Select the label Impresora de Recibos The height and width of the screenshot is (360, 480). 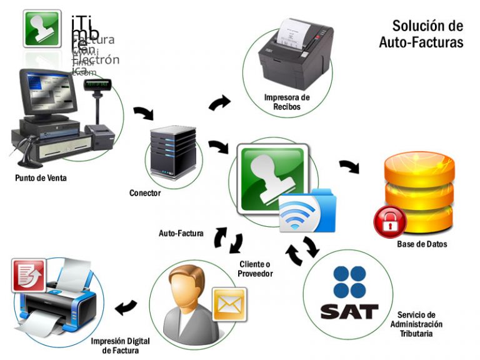(x=287, y=102)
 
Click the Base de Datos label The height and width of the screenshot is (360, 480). (x=422, y=244)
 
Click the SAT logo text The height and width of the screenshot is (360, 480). (x=349, y=311)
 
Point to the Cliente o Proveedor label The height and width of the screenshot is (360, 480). (x=256, y=269)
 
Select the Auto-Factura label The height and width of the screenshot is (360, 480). (x=181, y=234)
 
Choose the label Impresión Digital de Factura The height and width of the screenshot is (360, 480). (x=119, y=346)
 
